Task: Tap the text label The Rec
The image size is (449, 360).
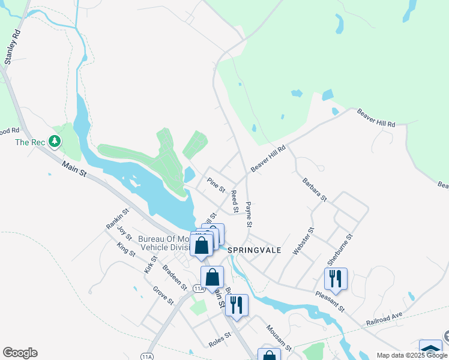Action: (31, 142)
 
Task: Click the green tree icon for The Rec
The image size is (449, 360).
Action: (55, 142)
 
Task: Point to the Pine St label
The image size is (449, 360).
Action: (215, 184)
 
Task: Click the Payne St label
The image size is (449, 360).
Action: (249, 214)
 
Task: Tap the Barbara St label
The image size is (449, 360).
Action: (315, 189)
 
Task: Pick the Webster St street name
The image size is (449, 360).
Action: (303, 241)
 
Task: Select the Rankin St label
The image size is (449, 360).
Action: (118, 219)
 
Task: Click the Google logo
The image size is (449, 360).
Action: (20, 353)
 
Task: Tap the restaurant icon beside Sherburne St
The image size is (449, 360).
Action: (336, 278)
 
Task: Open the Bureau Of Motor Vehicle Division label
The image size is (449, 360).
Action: (163, 242)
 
